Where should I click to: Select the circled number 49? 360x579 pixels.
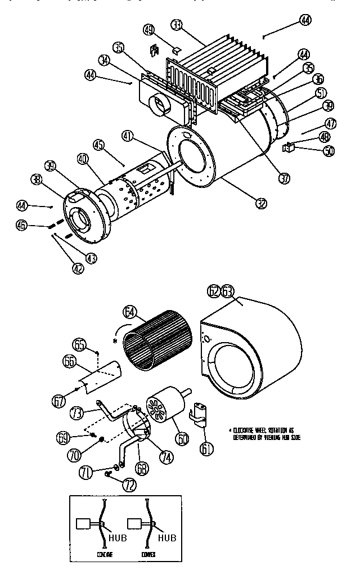[x=148, y=29]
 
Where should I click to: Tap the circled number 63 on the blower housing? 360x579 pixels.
[x=227, y=291]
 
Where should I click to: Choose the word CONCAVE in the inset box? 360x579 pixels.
[x=98, y=554]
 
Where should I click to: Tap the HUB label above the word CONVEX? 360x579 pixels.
[x=166, y=537]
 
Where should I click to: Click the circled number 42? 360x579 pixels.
[x=77, y=268]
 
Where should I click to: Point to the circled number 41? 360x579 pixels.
[x=128, y=136]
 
